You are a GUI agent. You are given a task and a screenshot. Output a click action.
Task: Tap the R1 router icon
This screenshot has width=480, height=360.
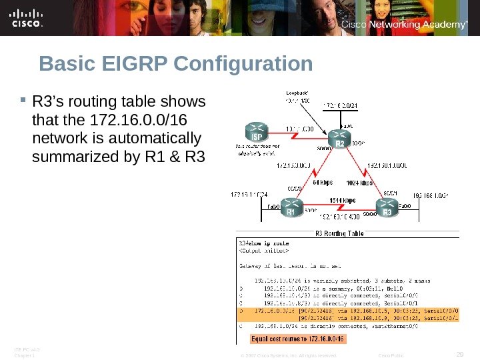click(291, 209)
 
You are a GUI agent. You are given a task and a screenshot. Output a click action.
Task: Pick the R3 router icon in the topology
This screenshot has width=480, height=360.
click(388, 209)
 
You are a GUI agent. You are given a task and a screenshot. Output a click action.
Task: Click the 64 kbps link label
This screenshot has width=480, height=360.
click(323, 181)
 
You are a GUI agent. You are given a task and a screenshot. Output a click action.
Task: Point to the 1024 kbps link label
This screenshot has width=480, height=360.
click(359, 181)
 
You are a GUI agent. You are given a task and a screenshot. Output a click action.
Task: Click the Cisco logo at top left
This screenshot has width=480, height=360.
click(27, 19)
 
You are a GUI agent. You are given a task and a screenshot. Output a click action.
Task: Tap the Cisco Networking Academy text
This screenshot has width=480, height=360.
click(403, 25)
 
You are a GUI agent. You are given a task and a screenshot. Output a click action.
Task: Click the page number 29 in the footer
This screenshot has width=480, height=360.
click(459, 353)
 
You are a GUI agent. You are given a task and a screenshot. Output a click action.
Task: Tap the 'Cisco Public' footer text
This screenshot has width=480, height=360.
click(390, 356)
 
